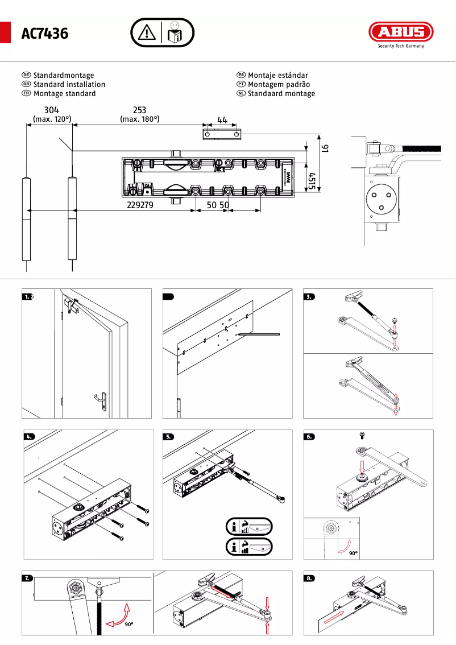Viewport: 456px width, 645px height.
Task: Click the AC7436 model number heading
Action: (45, 34)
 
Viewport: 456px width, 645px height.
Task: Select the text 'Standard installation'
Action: (69, 84)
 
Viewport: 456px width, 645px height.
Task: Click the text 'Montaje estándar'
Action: (278, 75)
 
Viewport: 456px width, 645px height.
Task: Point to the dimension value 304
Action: (51, 110)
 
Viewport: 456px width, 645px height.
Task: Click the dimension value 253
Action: (139, 110)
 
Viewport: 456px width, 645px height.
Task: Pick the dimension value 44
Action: (222, 120)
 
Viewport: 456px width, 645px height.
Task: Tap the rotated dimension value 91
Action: (325, 148)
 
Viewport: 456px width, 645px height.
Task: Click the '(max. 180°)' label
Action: (139, 119)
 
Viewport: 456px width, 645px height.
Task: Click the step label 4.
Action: (30, 437)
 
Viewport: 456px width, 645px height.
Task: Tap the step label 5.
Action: (169, 437)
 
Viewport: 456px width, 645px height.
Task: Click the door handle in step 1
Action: (101, 400)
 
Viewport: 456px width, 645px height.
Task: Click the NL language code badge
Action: (241, 93)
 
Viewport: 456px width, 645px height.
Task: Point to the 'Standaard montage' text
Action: (281, 93)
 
